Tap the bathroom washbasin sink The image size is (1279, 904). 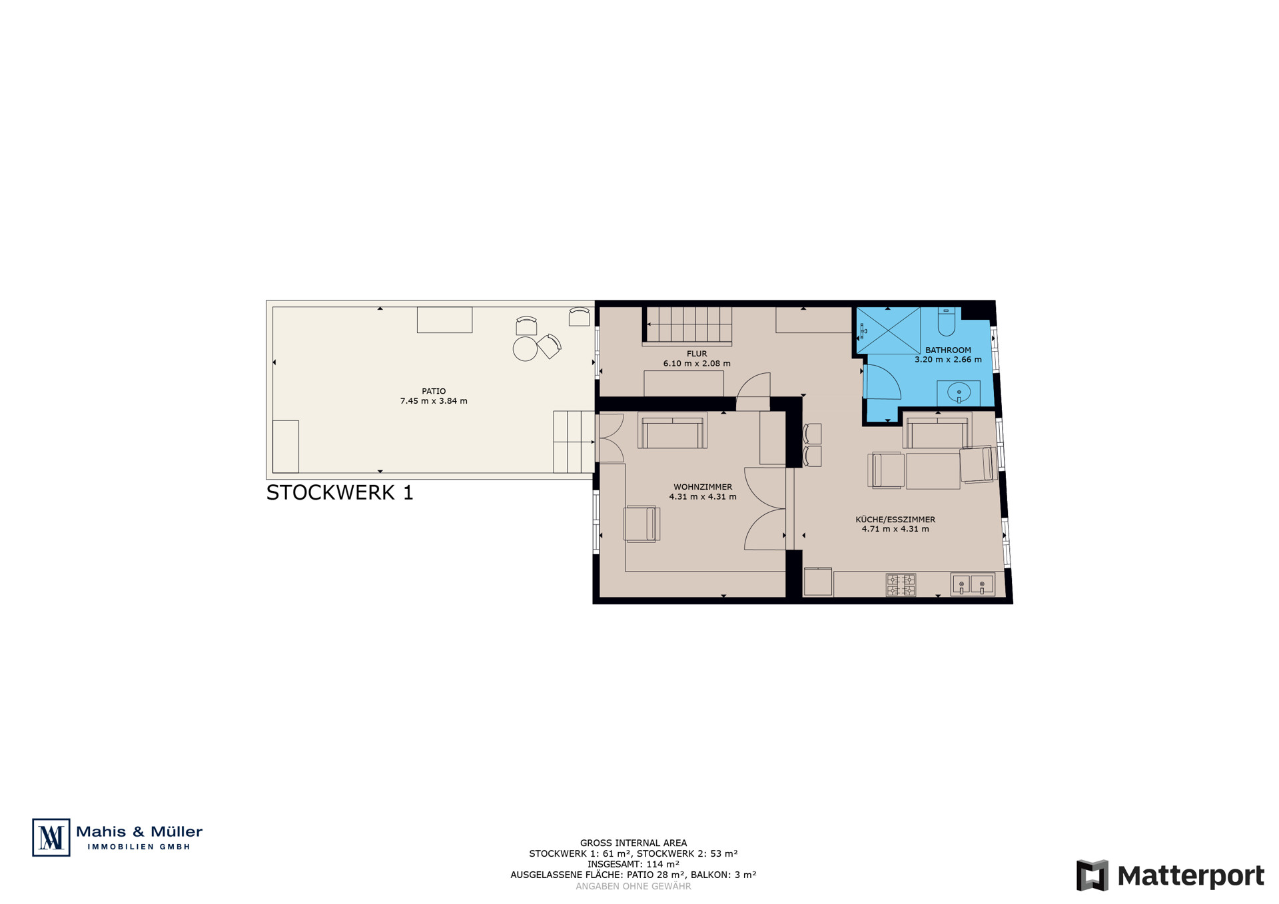[x=959, y=392]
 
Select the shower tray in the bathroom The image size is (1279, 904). [x=888, y=330]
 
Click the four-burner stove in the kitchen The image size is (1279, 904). [x=901, y=585]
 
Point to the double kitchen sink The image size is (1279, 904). [x=973, y=585]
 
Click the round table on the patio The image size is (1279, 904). [x=525, y=349]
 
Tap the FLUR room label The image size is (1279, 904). [x=697, y=354]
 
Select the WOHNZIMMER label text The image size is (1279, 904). [x=703, y=487]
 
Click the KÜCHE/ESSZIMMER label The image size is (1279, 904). [x=895, y=520]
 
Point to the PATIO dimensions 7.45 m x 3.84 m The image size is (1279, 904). [x=434, y=401]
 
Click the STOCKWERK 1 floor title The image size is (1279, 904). [x=340, y=492]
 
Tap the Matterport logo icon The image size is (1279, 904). [x=1092, y=875]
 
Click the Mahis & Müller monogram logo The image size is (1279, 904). [x=51, y=837]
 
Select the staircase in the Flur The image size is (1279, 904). [x=687, y=326]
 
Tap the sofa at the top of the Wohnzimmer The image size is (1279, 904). [x=672, y=430]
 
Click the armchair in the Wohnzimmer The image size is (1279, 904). [x=641, y=524]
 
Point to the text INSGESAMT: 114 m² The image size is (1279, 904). [x=634, y=864]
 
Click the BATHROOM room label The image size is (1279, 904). [x=948, y=350]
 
